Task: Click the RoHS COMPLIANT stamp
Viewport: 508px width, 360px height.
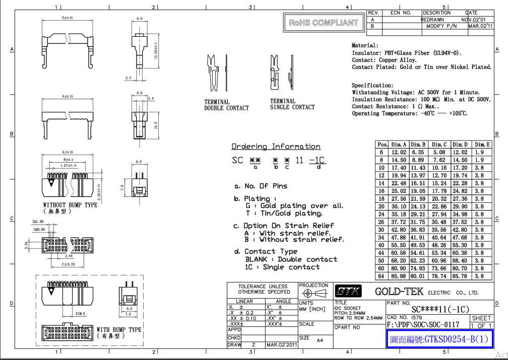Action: tap(324, 23)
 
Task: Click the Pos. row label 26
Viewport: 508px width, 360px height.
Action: tap(382, 222)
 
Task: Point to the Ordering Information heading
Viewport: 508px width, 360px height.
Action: tap(276, 147)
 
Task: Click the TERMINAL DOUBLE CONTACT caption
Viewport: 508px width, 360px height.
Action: tap(226, 105)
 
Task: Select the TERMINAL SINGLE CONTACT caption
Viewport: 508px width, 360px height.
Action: tap(292, 104)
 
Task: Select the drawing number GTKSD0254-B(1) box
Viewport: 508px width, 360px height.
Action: tap(440, 339)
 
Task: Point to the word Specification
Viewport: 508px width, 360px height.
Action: tap(372, 86)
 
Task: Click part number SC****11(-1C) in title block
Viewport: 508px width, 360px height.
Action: tap(440, 309)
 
